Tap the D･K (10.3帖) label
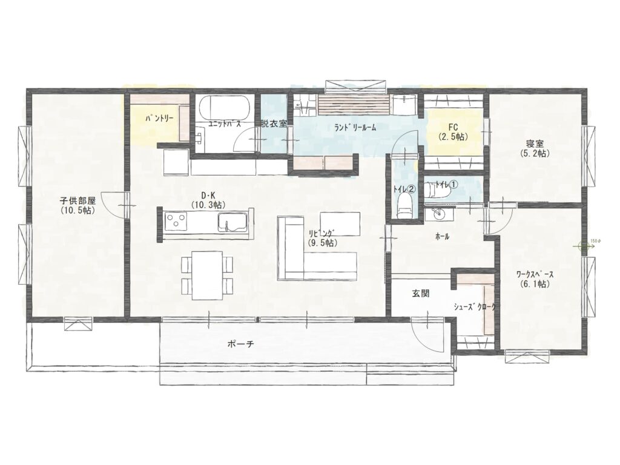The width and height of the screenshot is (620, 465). coord(208,200)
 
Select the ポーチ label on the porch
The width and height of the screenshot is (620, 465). coord(240,343)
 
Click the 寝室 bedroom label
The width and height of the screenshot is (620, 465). coord(534,148)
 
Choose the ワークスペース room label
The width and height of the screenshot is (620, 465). coord(534,278)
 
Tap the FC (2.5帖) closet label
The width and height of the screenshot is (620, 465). coord(453,132)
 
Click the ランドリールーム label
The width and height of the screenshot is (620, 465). coord(355,127)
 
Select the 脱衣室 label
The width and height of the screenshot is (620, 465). coord(273,123)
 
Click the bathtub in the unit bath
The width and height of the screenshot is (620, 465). coord(225,108)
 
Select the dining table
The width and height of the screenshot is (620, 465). coord(207,275)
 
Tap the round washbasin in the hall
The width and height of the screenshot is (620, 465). coord(438,215)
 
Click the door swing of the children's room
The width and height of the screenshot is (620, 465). coord(113,203)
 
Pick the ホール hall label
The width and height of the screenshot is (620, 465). coord(442,237)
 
